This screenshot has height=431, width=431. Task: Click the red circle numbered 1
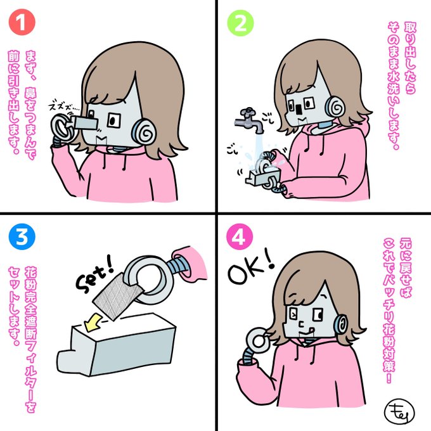[22, 22]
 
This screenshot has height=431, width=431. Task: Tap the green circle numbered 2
[240, 23]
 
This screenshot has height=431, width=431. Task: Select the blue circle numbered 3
[22, 236]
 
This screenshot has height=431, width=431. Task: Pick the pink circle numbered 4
[240, 236]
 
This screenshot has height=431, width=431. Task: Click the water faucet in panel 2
[249, 120]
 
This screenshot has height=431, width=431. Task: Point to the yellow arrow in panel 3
[93, 322]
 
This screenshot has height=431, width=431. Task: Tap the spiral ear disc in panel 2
[335, 106]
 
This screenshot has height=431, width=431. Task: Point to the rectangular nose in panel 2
[299, 109]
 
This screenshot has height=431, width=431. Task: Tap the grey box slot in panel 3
[115, 321]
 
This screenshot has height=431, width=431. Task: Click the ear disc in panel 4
[341, 325]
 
